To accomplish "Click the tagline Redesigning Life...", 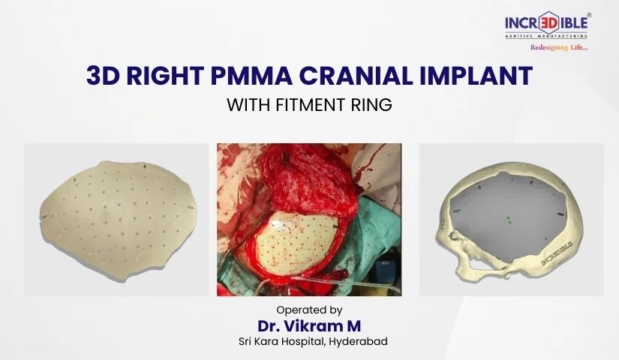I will point(559,47).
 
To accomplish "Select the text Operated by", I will point(310,309).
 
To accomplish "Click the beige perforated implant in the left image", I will point(116,217).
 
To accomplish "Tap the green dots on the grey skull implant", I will point(509,220).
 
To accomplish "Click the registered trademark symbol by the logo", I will point(589,13).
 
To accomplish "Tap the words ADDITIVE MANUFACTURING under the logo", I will point(545,35).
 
